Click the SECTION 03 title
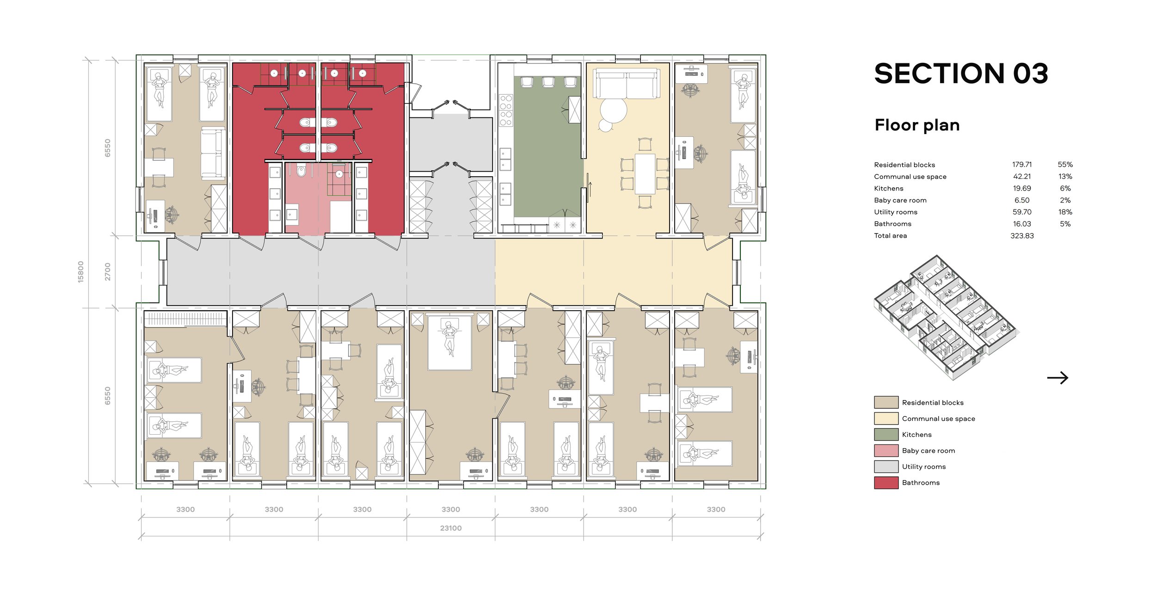(x=961, y=74)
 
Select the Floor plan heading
(x=917, y=125)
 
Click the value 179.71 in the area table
(x=1022, y=165)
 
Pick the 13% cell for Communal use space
(x=1065, y=177)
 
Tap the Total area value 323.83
(x=1022, y=236)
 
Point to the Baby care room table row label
(x=900, y=200)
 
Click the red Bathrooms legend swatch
(x=886, y=483)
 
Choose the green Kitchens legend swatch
(x=886, y=435)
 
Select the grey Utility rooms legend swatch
(x=886, y=467)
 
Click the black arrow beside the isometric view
(x=1058, y=378)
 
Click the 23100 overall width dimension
(x=451, y=528)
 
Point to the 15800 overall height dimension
(x=81, y=272)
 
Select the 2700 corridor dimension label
(x=108, y=272)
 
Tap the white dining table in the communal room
(x=645, y=174)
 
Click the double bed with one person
(x=449, y=343)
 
